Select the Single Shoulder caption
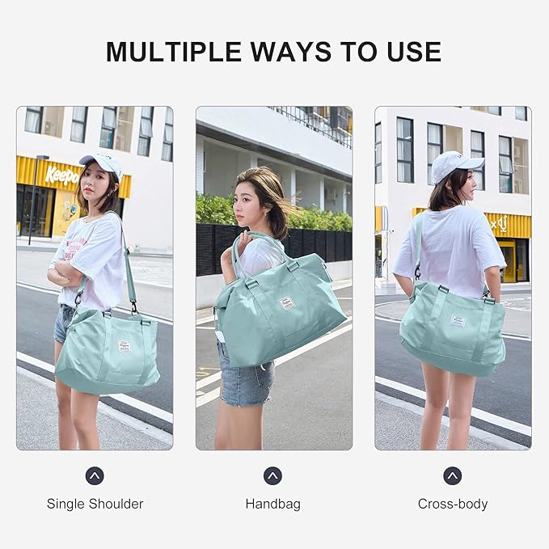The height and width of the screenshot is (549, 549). pyautogui.click(x=95, y=504)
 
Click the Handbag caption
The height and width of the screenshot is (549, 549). pyautogui.click(x=272, y=504)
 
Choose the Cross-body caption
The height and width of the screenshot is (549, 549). pyautogui.click(x=453, y=504)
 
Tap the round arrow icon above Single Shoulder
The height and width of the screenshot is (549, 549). pyautogui.click(x=95, y=475)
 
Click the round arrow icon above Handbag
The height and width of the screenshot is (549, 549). pyautogui.click(x=272, y=475)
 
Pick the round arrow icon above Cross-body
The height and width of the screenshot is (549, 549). pyautogui.click(x=453, y=475)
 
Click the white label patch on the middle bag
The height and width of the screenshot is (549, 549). pyautogui.click(x=287, y=303)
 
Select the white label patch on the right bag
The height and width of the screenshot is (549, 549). pyautogui.click(x=458, y=321)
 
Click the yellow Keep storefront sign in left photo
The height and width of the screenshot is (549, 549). pyautogui.click(x=61, y=174)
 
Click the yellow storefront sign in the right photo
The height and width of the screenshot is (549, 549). pyautogui.click(x=509, y=224)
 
